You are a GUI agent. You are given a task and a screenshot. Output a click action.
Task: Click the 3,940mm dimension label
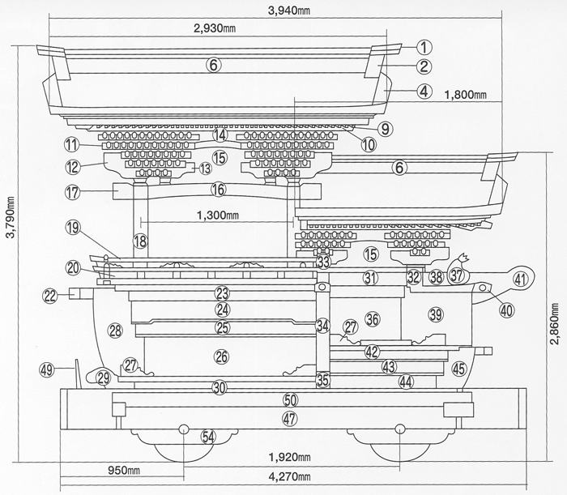pyautogui.click(x=289, y=11)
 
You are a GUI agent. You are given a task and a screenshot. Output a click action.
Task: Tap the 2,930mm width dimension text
pyautogui.click(x=215, y=28)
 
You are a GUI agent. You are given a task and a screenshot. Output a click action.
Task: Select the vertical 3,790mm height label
pyautogui.click(x=11, y=218)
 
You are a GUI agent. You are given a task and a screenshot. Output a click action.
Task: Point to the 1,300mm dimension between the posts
pyautogui.click(x=218, y=215)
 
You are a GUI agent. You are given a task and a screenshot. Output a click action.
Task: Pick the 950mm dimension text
pyautogui.click(x=124, y=471)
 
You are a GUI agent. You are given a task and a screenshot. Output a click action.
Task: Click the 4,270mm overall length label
pyautogui.click(x=289, y=476)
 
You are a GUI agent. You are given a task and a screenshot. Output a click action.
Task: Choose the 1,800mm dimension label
pyautogui.click(x=465, y=95)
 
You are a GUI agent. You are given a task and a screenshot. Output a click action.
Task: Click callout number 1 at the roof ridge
pyautogui.click(x=424, y=47)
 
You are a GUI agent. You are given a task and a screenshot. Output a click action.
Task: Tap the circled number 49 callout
pyautogui.click(x=47, y=370)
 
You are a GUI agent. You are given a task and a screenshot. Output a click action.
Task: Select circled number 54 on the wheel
pyautogui.click(x=208, y=437)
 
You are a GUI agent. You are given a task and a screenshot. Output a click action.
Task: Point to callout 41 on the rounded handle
pyautogui.click(x=520, y=280)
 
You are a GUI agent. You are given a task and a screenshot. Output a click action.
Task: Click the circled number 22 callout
pyautogui.click(x=50, y=296)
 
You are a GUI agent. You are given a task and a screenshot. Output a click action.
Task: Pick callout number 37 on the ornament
pyautogui.click(x=457, y=275)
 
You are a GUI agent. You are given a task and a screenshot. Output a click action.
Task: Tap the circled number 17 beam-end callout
pyautogui.click(x=72, y=192)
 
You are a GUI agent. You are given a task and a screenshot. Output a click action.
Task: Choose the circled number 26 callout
pyautogui.click(x=222, y=357)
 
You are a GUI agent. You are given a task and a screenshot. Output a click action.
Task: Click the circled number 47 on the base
pyautogui.click(x=289, y=419)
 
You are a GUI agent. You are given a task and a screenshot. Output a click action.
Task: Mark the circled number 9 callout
pyautogui.click(x=385, y=129)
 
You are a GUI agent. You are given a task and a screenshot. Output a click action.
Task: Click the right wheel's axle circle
pyautogui.click(x=399, y=429)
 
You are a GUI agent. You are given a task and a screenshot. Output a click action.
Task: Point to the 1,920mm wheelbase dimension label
pyautogui.click(x=289, y=457)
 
